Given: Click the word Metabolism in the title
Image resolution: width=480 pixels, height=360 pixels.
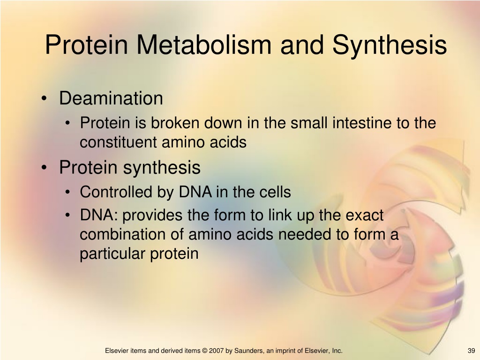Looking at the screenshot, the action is (x=203, y=45).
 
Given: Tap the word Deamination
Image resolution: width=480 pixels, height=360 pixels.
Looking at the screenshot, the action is (x=111, y=98).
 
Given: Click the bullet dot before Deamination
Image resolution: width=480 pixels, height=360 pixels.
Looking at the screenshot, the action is (x=45, y=98).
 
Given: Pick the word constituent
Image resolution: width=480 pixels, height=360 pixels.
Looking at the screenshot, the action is (x=118, y=142).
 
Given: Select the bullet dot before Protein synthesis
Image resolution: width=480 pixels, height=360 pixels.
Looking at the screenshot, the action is (x=45, y=168).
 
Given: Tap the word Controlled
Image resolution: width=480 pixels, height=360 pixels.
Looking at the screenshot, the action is (x=116, y=192).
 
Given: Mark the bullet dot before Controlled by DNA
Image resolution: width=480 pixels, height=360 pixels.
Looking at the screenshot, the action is (x=67, y=192).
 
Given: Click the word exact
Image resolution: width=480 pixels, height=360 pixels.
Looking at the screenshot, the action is (x=364, y=215).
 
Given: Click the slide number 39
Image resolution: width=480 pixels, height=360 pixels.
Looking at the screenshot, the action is (x=472, y=351).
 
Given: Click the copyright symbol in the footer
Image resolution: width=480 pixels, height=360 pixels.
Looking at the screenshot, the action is (x=204, y=351).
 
